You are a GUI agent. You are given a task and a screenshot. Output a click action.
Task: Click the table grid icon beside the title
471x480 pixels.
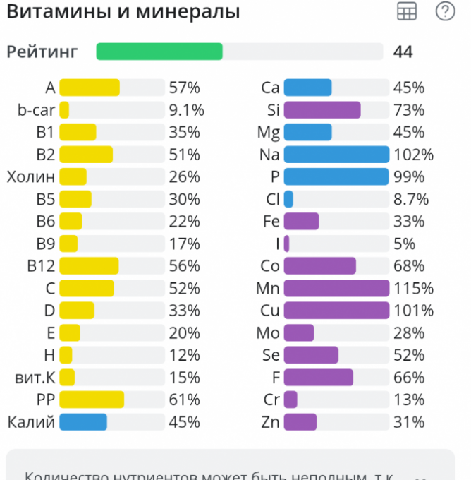pyautogui.click(x=407, y=11)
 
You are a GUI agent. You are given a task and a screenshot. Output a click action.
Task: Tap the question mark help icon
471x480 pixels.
pyautogui.click(x=446, y=11)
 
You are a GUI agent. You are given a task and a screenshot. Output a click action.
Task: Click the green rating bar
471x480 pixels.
pyautogui.click(x=159, y=52)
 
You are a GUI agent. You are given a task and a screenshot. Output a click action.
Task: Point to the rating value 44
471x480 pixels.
pyautogui.click(x=403, y=52)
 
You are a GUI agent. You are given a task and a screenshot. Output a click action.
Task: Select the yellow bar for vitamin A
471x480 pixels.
pyautogui.click(x=90, y=88)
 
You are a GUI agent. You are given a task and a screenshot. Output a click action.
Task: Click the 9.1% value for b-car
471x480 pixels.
pyautogui.click(x=187, y=110)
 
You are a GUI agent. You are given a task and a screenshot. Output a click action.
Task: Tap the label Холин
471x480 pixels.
pyautogui.click(x=31, y=176)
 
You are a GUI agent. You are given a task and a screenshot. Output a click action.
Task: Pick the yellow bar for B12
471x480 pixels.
pyautogui.click(x=89, y=266)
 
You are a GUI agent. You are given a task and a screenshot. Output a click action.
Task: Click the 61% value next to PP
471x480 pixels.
pyautogui.click(x=185, y=400)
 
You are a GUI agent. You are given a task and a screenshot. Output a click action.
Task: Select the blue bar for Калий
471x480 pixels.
pyautogui.click(x=83, y=422)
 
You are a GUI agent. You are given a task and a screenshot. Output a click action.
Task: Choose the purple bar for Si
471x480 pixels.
pyautogui.click(x=322, y=110)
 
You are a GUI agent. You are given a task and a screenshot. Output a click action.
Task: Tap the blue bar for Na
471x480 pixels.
pyautogui.click(x=336, y=155)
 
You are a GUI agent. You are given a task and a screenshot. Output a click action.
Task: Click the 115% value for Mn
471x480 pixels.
pyautogui.click(x=414, y=289)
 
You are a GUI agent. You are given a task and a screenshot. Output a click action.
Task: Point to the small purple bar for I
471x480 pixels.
pyautogui.click(x=287, y=244)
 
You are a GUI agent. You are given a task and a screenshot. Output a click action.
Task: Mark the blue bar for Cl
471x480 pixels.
pyautogui.click(x=288, y=199)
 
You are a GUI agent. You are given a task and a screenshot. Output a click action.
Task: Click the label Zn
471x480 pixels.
pyautogui.click(x=270, y=422)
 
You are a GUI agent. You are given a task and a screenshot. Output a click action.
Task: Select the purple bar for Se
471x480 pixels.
pyautogui.click(x=311, y=355)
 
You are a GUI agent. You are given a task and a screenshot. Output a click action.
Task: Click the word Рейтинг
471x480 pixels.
pyautogui.click(x=42, y=52)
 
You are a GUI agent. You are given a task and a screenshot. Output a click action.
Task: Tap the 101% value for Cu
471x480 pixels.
pyautogui.click(x=414, y=311)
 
